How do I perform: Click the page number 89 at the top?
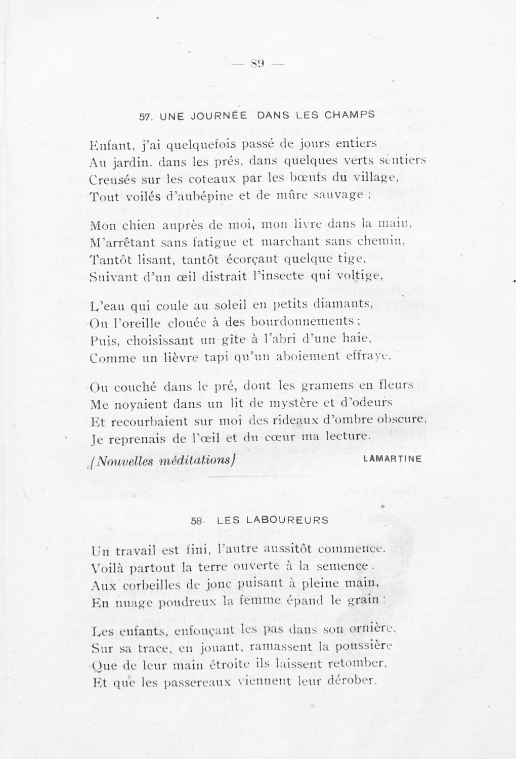[257, 64]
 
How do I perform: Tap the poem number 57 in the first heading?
[145, 116]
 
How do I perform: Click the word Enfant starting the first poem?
[110, 146]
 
